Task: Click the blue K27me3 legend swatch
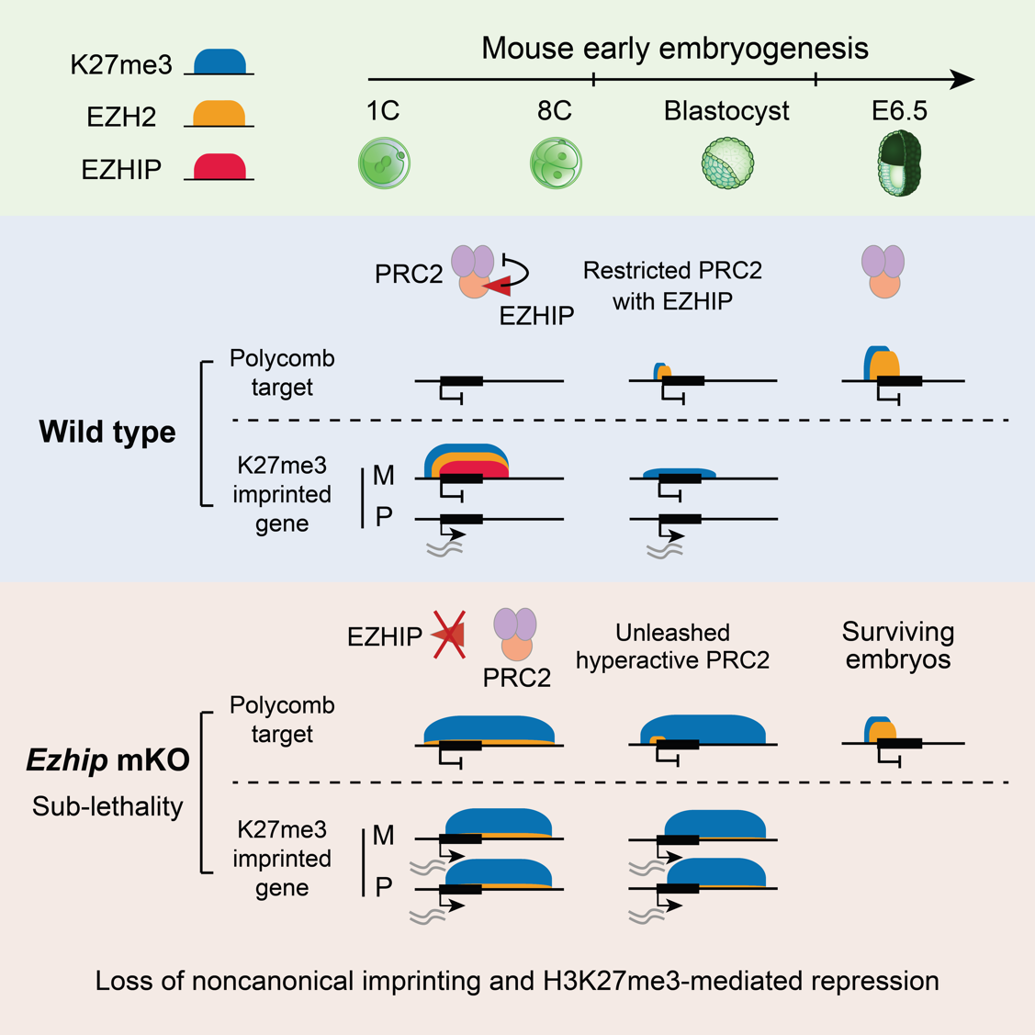point(220,62)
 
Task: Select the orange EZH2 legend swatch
point(219,114)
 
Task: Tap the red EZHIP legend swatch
point(219,166)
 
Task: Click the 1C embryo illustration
point(384,163)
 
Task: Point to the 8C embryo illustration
point(556,163)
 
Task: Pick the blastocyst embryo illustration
point(727,163)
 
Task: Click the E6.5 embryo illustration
point(898,163)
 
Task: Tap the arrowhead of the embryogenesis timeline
point(962,80)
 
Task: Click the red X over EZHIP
point(449,635)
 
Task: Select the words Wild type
point(107,432)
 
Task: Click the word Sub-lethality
point(107,806)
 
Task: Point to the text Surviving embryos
point(897,646)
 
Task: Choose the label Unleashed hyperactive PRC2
point(673,646)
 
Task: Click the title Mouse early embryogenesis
point(674,48)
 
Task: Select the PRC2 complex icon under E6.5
point(883,270)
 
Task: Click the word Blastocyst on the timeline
point(726,112)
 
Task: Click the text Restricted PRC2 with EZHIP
point(673,285)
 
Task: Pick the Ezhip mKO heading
point(107,760)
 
